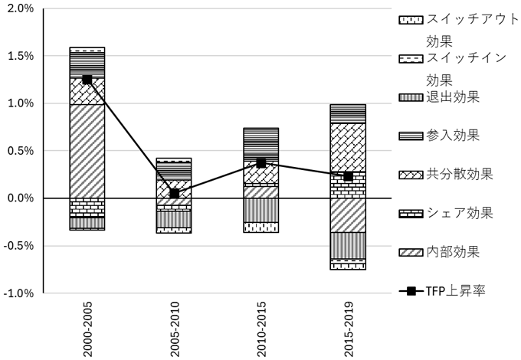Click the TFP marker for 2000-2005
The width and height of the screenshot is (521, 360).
87,80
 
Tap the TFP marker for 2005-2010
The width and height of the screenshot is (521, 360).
174,194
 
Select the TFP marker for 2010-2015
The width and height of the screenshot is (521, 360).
261,163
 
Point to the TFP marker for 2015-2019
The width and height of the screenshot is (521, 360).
348,176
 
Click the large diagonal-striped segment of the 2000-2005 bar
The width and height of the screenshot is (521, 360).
87,151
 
